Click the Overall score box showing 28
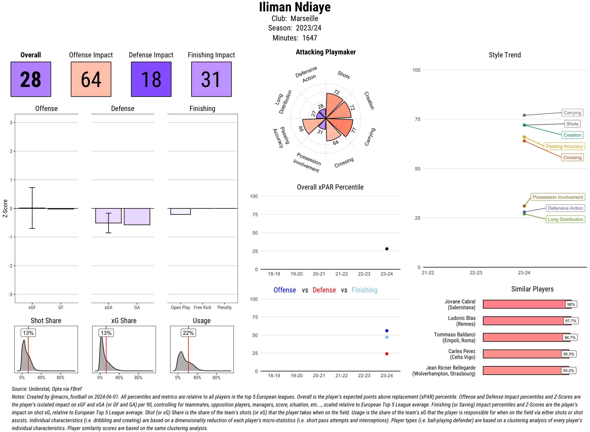point(31,79)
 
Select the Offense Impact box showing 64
point(91,79)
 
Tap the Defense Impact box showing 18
point(151,79)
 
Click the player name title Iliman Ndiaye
point(295,7)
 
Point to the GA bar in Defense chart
point(137,217)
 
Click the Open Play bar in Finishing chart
point(180,211)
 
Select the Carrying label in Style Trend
point(572,113)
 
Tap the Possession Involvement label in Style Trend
point(558,197)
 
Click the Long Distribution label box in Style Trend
point(565,219)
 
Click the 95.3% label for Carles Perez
point(569,354)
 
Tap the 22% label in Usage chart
point(188,333)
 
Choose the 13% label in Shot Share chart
point(28,333)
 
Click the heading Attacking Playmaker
point(325,52)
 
